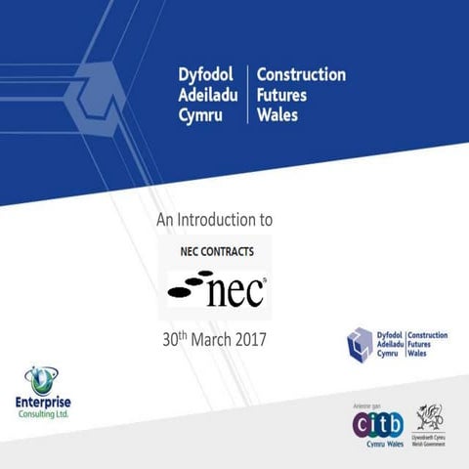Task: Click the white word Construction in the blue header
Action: pos(301,74)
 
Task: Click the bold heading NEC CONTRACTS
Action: pos(217,251)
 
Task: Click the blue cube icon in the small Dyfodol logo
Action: pos(360,344)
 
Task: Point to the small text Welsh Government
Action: pos(430,446)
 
